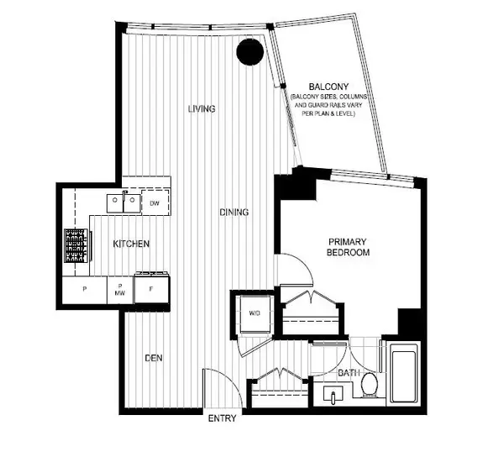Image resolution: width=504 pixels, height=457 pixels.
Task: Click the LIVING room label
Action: pos(202,109)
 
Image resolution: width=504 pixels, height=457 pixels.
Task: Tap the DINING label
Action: pos(234,212)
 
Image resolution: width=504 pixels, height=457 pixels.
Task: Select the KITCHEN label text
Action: pos(131,244)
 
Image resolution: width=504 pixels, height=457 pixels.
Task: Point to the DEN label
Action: pos(154,358)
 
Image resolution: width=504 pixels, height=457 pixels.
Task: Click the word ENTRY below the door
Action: pos(222,418)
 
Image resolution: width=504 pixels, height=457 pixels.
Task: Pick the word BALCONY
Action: pos(328,87)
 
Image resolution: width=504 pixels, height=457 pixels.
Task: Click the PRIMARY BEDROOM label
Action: pos(348,247)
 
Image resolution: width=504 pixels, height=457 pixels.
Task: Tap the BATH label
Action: pos(349,373)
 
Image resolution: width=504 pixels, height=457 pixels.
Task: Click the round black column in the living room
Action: pos(249,52)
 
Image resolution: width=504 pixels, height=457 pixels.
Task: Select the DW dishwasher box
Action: pos(155,202)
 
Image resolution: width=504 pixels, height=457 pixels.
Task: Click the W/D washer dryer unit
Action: pos(255,315)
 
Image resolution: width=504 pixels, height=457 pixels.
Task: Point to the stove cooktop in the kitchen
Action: pos(76,245)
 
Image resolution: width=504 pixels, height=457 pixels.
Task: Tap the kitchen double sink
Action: pos(123,203)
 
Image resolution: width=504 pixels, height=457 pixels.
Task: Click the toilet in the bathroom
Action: pos(370,385)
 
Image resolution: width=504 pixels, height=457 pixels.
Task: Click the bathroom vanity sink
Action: pos(333,395)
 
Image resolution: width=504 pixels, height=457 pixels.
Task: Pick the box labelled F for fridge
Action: pos(151,289)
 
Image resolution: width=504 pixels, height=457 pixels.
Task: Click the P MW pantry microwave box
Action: pos(120,290)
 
